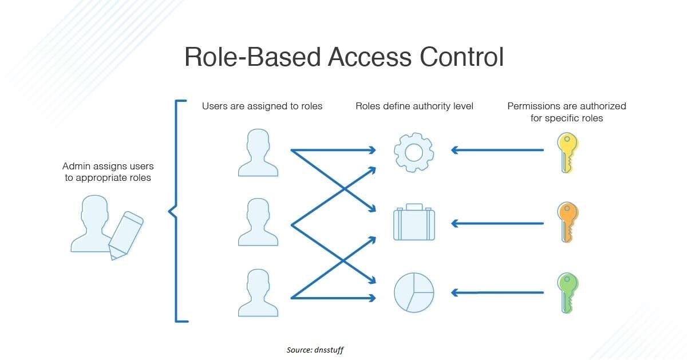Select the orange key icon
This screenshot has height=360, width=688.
pyautogui.click(x=567, y=222)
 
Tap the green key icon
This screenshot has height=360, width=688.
pyautogui.click(x=567, y=292)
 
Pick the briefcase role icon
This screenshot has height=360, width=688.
pyautogui.click(x=413, y=223)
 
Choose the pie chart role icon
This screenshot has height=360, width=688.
pyautogui.click(x=413, y=292)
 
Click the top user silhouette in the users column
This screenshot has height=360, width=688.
pyautogui.click(x=258, y=152)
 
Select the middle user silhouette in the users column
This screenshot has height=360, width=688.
pyautogui.click(x=258, y=223)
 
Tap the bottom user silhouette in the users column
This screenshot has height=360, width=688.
pyautogui.click(x=258, y=292)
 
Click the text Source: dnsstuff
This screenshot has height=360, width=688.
pyautogui.click(x=315, y=349)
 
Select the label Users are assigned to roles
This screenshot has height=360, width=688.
pyautogui.click(x=262, y=106)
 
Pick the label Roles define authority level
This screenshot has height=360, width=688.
pyautogui.click(x=414, y=106)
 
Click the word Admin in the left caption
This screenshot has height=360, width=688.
pyautogui.click(x=76, y=167)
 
